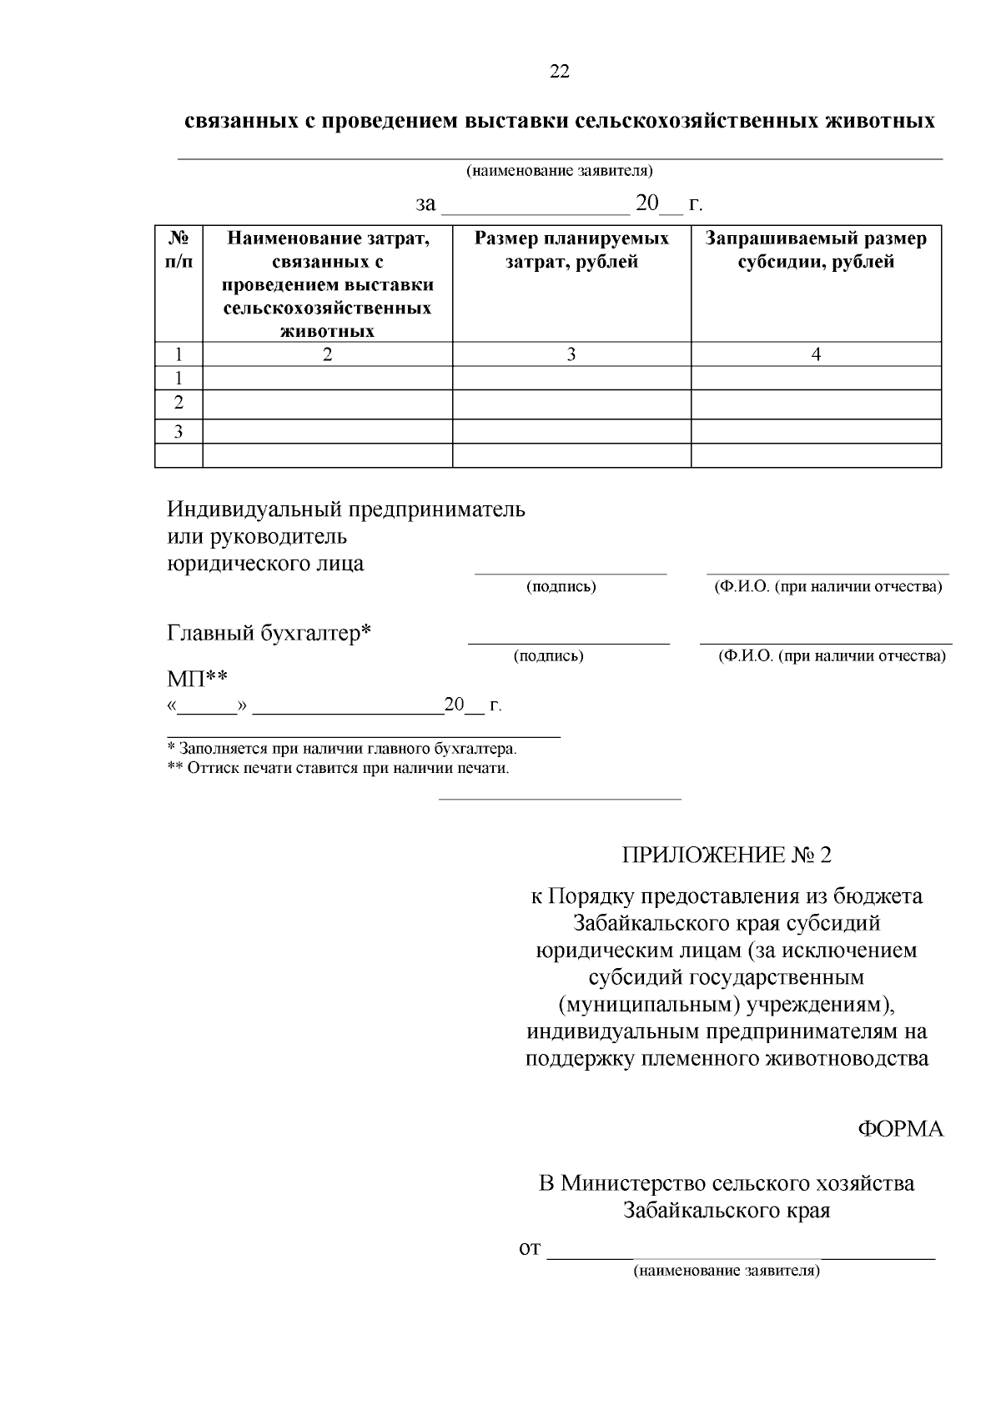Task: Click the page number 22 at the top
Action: click(560, 72)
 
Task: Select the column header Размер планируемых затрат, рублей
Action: click(571, 250)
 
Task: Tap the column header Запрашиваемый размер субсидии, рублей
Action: click(816, 250)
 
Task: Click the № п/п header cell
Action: click(179, 250)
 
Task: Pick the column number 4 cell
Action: click(816, 354)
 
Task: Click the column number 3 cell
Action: click(571, 354)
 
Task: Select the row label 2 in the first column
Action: click(179, 404)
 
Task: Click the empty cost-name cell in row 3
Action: click(327, 431)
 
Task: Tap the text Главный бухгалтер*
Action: click(269, 634)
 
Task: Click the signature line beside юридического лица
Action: click(571, 572)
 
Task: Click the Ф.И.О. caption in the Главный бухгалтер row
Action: click(832, 656)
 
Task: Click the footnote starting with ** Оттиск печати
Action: click(338, 768)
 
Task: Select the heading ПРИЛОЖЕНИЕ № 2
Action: click(726, 855)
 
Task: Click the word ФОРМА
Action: click(900, 1129)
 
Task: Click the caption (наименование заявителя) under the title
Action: click(559, 171)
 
